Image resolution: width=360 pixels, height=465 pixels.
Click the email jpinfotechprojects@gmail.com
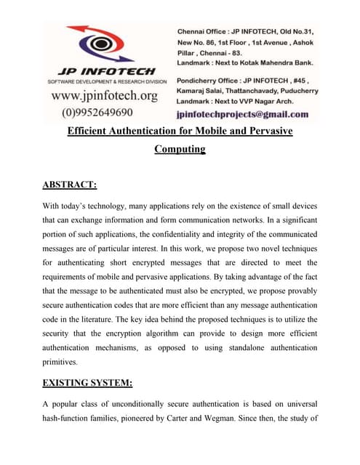(x=243, y=114)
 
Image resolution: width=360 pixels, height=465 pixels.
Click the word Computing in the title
(x=180, y=150)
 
